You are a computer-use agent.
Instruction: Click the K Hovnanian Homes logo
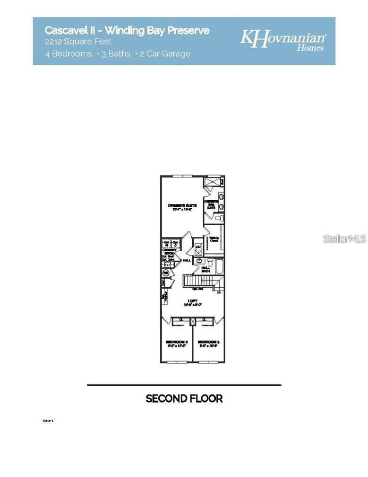pos(282,40)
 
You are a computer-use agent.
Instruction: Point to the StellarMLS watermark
pos(344,238)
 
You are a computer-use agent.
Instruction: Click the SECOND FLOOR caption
pos(184,398)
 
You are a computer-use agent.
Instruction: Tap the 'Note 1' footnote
pos(48,420)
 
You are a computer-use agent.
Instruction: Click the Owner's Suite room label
pos(182,205)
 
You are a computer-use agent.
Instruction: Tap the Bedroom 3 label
pos(208,342)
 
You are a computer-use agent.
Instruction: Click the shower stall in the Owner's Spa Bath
pos(213,182)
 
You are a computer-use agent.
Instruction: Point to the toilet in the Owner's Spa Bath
pos(219,218)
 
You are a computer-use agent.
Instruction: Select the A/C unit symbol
pos(198,249)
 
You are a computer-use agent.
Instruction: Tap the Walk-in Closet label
pos(214,239)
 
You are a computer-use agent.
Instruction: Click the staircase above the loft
pos(198,281)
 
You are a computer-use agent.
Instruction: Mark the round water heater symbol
pos(166,273)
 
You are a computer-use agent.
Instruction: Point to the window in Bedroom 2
pos(176,362)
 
